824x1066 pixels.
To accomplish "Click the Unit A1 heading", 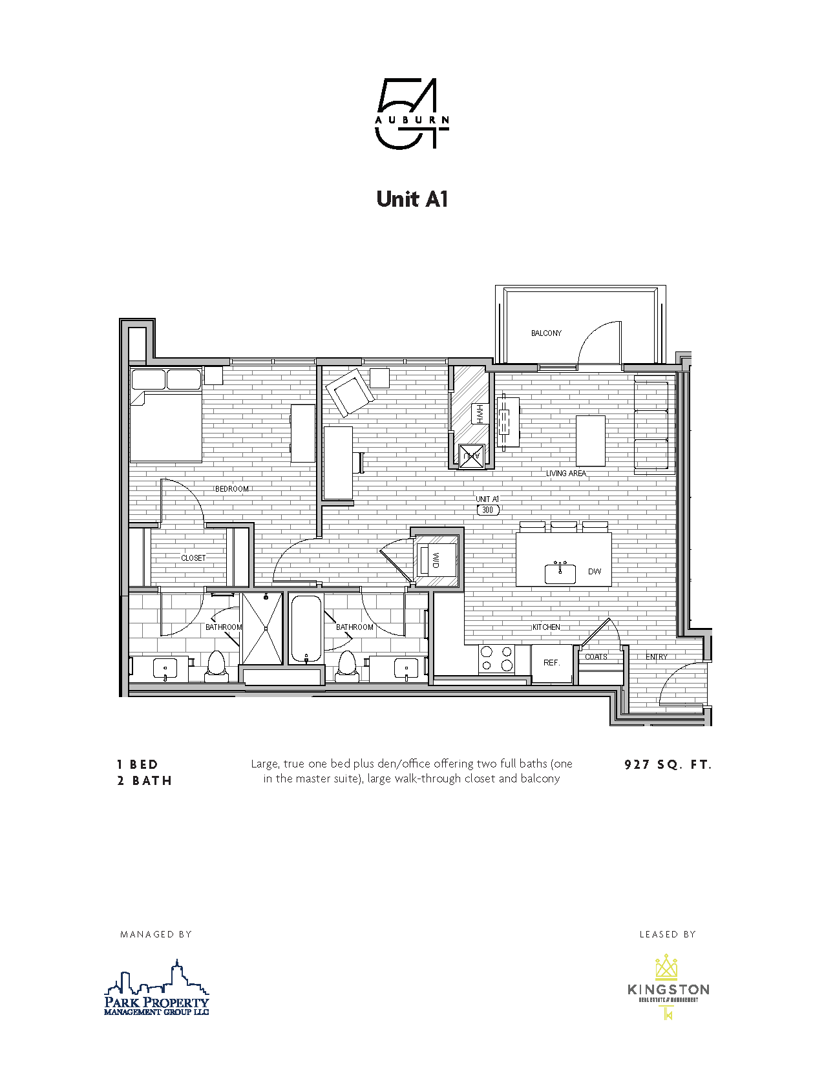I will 412,199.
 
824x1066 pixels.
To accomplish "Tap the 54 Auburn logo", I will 412,114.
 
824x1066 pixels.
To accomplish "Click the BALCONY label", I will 546,333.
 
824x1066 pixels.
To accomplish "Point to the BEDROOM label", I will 232,489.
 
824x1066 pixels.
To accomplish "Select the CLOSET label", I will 193,558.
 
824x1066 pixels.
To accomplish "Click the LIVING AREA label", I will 566,474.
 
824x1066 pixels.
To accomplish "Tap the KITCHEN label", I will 546,627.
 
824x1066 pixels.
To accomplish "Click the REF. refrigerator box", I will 551,663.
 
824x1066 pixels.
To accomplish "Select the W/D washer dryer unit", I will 436,559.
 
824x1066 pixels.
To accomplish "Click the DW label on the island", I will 595,571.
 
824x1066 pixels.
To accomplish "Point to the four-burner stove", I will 496,659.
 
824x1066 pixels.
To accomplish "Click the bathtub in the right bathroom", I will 306,628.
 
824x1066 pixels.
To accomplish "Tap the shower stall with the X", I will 262,628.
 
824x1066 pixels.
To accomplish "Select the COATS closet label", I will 596,657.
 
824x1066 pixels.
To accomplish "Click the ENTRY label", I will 657,657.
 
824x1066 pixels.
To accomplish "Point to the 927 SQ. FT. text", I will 668,765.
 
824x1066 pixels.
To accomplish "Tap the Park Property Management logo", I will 157,988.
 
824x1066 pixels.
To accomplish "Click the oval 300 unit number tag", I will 488,510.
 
